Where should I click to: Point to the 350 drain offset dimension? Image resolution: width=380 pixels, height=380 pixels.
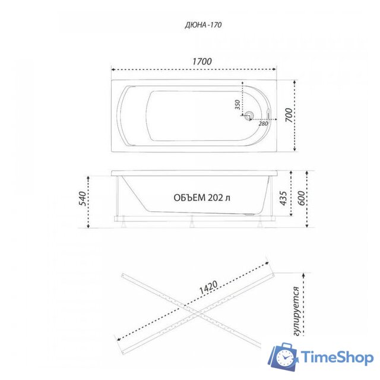[237, 104]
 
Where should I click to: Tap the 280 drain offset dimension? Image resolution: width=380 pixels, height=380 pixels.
[263, 123]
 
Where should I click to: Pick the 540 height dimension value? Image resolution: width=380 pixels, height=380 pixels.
[83, 198]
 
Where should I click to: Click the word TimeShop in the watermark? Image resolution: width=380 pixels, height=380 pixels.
[336, 357]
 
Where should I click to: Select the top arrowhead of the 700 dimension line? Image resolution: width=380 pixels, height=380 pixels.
[297, 79]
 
